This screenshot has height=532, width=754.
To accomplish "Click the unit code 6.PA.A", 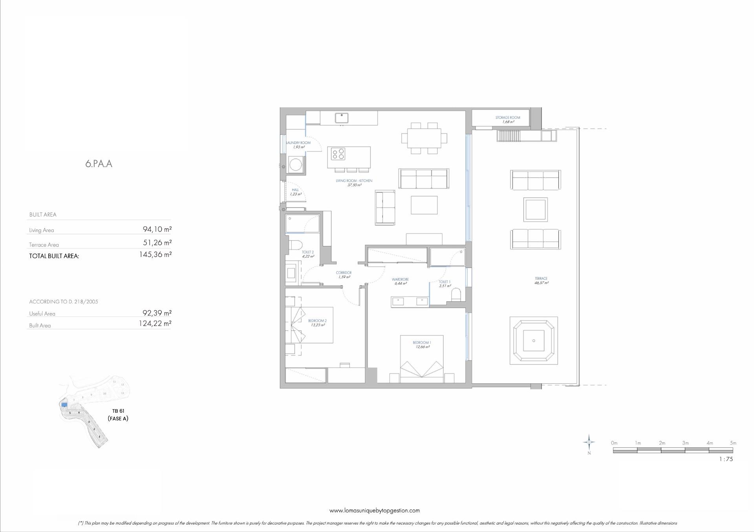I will click(99, 164).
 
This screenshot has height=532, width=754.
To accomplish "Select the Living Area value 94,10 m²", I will click(157, 230).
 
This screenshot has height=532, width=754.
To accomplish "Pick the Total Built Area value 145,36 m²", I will click(155, 255).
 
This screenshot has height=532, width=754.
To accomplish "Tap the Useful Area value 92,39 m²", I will click(157, 313).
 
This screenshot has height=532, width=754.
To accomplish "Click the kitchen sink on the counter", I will click(342, 117).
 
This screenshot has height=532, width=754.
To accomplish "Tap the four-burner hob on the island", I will click(338, 153).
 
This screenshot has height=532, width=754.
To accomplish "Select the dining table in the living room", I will click(424, 138).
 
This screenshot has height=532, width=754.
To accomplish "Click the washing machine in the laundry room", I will click(295, 164).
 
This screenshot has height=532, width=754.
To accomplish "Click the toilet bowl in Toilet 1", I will click(456, 294).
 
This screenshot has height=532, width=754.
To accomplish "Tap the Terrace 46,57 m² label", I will click(541, 280).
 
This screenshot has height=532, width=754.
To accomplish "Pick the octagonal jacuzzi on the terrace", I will click(534, 341).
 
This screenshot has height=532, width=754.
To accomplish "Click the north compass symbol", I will click(589, 443).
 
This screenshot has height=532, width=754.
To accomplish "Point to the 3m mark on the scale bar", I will click(685, 443).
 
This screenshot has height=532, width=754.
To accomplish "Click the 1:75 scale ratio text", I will click(726, 459).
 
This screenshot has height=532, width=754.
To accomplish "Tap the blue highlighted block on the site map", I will click(64, 404).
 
